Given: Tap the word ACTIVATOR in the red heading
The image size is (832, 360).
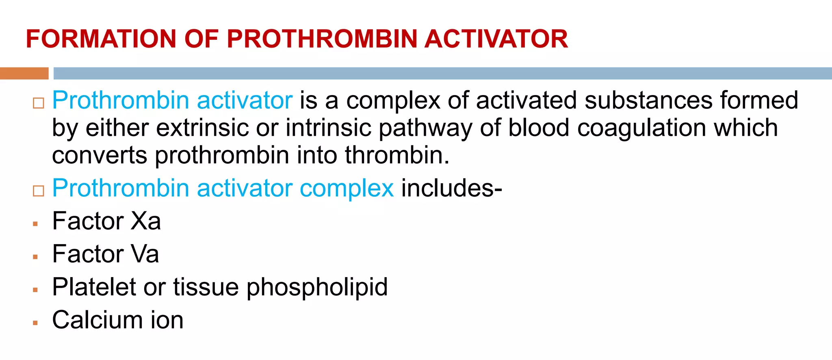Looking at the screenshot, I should pyautogui.click(x=496, y=39).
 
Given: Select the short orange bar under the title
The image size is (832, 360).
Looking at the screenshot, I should pyautogui.click(x=24, y=74).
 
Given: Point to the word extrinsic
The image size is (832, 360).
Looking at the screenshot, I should pyautogui.click(x=202, y=128).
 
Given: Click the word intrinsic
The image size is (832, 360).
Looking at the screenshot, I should pyautogui.click(x=328, y=128).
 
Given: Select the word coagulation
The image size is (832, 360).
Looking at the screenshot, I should pyautogui.click(x=641, y=128).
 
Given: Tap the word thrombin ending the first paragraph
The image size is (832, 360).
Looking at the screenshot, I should pyautogui.click(x=396, y=155).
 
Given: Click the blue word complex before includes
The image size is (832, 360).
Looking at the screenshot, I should pyautogui.click(x=347, y=189).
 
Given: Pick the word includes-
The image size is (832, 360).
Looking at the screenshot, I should pyautogui.click(x=451, y=189).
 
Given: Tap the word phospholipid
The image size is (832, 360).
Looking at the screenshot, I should pyautogui.click(x=317, y=288).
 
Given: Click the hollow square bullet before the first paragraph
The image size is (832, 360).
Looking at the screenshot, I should pyautogui.click(x=39, y=103).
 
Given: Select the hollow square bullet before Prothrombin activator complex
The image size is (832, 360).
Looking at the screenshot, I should pyautogui.click(x=39, y=191).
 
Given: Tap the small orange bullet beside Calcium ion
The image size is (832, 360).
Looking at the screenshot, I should pyautogui.click(x=36, y=323).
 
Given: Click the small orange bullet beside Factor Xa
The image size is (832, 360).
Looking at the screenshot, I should pyautogui.click(x=36, y=224).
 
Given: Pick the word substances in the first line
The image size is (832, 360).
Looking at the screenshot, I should pyautogui.click(x=648, y=100).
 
